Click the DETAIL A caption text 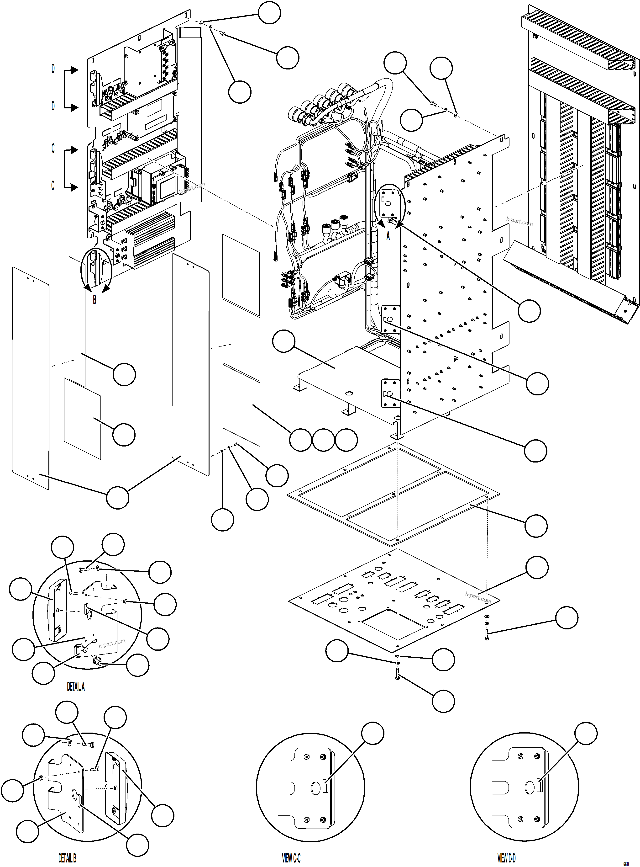coord(76,687)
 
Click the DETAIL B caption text coord(67,858)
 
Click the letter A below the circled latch coord(388,235)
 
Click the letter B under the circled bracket coord(94,300)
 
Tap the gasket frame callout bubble coord(536,526)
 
